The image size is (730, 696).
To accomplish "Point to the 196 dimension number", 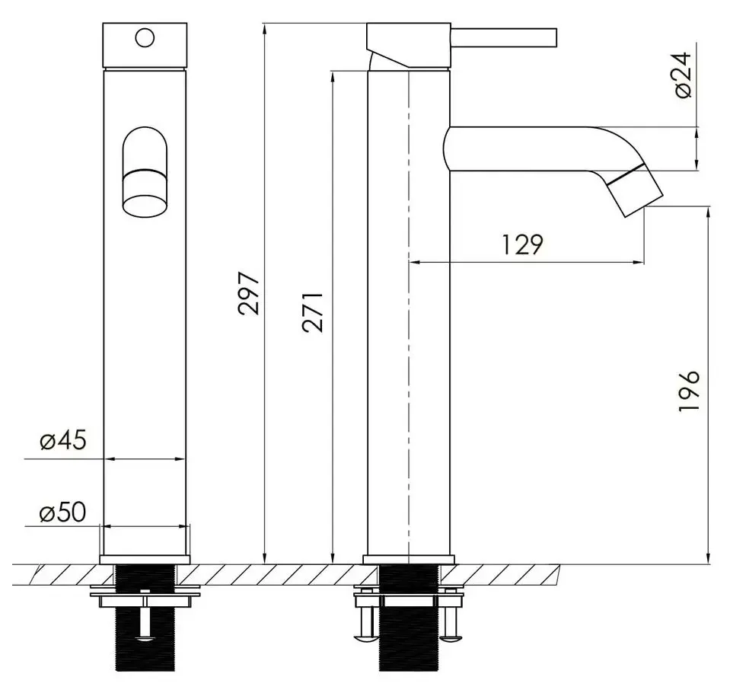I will [688, 391].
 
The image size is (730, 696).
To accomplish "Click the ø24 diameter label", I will [684, 75].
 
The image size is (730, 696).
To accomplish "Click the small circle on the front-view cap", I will [145, 36].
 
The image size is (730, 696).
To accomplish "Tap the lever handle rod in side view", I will [506, 36].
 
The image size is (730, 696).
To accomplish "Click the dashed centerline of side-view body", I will [410, 305].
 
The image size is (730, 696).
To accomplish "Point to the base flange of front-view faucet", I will [145, 559].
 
